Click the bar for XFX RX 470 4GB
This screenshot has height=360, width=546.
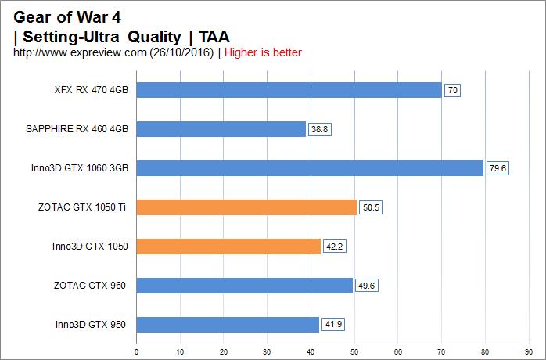[x=289, y=90]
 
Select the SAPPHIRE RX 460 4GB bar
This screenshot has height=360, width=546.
[x=221, y=129]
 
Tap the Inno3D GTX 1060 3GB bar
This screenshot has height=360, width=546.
[x=310, y=168]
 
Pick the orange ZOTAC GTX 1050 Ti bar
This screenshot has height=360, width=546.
[x=246, y=207]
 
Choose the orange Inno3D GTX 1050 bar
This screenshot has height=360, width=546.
[x=228, y=247]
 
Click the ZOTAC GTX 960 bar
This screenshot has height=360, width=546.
[x=244, y=286]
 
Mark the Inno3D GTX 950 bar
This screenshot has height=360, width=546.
[x=228, y=325]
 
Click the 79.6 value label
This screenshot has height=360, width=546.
[x=498, y=168]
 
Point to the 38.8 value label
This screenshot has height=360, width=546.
[x=320, y=129]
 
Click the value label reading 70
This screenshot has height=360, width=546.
[x=452, y=90]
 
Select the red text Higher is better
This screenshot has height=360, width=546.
[x=264, y=52]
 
